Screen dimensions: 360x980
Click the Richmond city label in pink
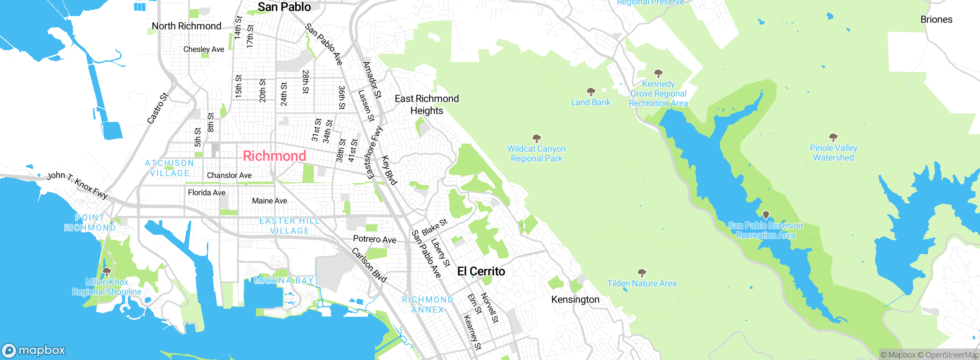(x=274, y=156)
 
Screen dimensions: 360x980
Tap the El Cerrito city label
(x=481, y=271)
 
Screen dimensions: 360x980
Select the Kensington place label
(x=575, y=299)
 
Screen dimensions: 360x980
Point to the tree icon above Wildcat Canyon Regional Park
(x=537, y=138)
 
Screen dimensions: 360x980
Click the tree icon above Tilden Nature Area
(x=642, y=273)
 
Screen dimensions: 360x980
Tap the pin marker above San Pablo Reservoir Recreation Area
(x=766, y=215)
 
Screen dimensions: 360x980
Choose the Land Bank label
(x=591, y=102)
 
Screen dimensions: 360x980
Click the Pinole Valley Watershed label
(x=833, y=153)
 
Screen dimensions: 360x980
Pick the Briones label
(x=936, y=20)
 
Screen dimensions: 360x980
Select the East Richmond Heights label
(x=427, y=105)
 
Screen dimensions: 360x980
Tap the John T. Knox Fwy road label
(x=77, y=185)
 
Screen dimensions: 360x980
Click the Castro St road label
(x=158, y=108)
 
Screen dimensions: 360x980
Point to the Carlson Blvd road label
(x=369, y=265)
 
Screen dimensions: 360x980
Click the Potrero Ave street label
(x=374, y=239)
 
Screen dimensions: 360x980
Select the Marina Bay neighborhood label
(x=284, y=280)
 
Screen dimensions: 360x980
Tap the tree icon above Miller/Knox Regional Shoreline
(x=107, y=272)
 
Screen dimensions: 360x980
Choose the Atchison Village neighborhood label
(x=170, y=168)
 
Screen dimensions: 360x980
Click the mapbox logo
(x=34, y=350)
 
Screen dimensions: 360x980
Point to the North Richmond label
(x=186, y=26)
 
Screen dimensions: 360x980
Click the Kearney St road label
(x=472, y=332)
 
